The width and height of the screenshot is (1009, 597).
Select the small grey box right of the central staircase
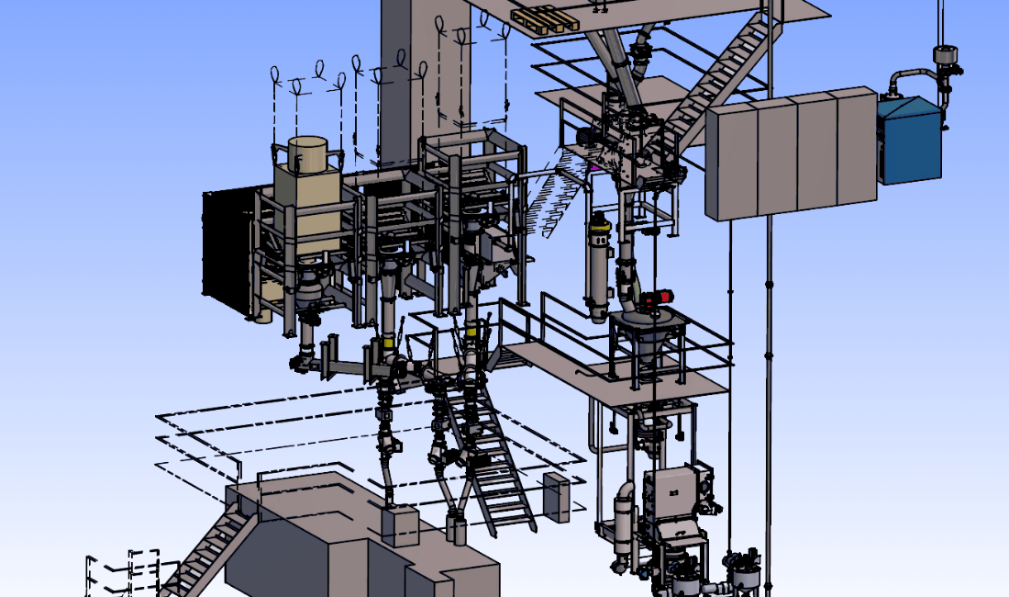556,497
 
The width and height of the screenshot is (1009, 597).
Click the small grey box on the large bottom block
400,525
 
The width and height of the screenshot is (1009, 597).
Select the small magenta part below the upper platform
593,167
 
